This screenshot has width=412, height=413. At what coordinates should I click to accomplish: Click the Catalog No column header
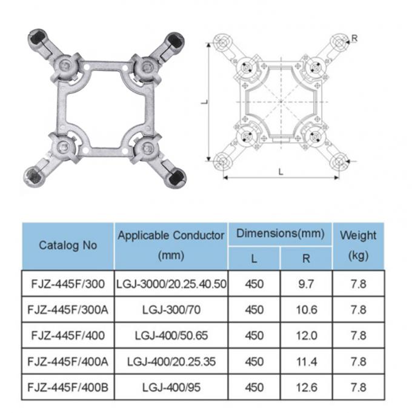(x=68, y=246)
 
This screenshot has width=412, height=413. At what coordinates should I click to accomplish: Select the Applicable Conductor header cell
(x=171, y=245)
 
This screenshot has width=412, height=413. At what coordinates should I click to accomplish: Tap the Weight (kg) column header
(x=358, y=245)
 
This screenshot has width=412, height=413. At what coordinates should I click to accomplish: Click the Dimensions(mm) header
(x=280, y=233)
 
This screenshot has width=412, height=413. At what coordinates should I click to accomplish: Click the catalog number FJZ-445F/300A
(x=68, y=309)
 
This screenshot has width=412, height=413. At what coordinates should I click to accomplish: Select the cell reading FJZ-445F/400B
(x=68, y=386)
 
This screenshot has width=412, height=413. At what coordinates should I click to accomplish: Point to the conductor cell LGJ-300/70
(x=171, y=309)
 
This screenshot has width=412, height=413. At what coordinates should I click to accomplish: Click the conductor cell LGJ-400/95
(x=171, y=386)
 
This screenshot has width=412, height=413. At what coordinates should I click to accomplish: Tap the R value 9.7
(x=306, y=283)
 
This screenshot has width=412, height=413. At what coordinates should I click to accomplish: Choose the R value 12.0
(x=306, y=335)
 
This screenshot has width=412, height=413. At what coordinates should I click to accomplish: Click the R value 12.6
(x=306, y=386)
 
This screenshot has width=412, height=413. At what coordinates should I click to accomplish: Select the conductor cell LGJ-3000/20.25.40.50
(x=171, y=283)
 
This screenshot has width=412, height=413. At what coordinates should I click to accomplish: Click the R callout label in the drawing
(x=354, y=39)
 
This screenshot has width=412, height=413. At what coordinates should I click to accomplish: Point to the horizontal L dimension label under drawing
(x=281, y=171)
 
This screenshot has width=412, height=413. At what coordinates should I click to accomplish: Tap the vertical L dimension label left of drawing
(x=204, y=101)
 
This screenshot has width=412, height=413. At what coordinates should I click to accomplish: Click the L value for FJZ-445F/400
(x=254, y=335)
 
